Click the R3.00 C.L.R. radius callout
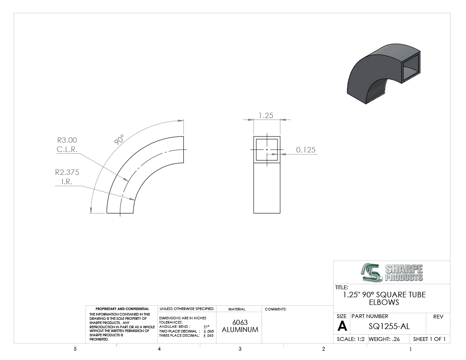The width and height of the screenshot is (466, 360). click(x=67, y=145)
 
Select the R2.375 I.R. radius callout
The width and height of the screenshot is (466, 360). click(x=67, y=177)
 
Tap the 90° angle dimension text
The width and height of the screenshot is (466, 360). click(x=119, y=140)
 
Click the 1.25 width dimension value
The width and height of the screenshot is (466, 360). click(x=266, y=115)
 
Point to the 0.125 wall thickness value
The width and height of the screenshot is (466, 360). click(x=305, y=150)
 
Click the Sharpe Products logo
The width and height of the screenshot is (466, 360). click(x=392, y=272)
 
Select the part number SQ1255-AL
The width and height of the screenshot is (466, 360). click(x=389, y=327)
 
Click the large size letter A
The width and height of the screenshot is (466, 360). click(x=342, y=326)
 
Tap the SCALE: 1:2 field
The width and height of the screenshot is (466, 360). click(x=351, y=339)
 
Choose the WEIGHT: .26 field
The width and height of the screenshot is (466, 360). click(x=384, y=339)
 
